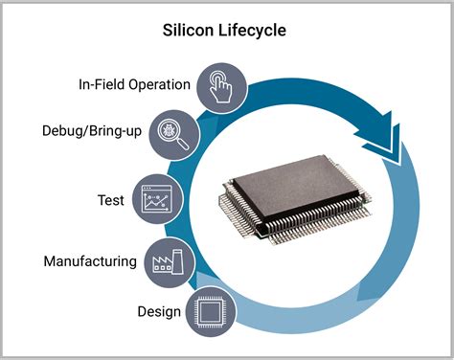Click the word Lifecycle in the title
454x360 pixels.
[253, 31]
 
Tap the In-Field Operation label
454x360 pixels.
[134, 84]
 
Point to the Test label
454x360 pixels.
[110, 200]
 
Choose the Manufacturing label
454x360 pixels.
[89, 260]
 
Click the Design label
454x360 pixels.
[158, 310]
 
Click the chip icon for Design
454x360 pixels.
[211, 311]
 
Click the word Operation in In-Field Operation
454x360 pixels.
[160, 84]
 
